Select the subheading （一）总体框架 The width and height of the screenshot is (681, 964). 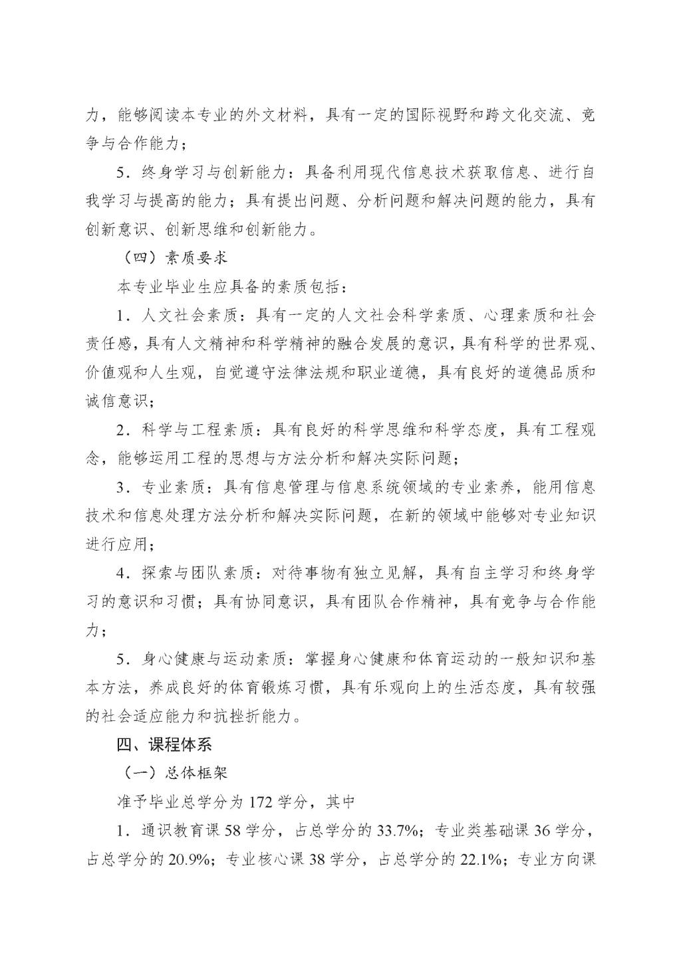(172, 773)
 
